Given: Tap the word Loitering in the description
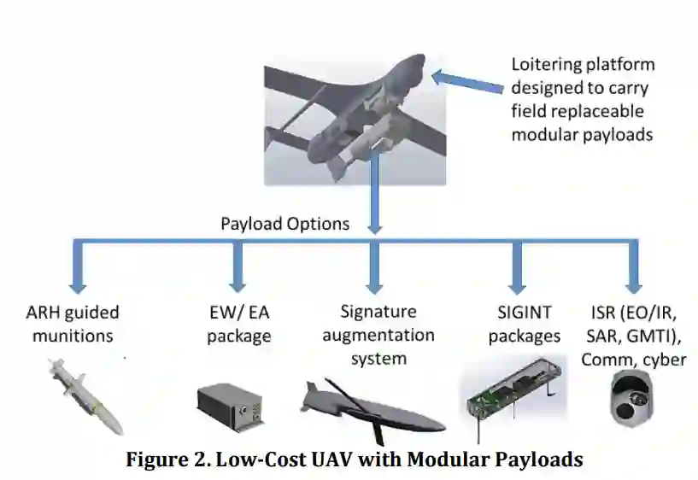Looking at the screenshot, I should tap(548, 64).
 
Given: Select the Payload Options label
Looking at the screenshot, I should tap(284, 224).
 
